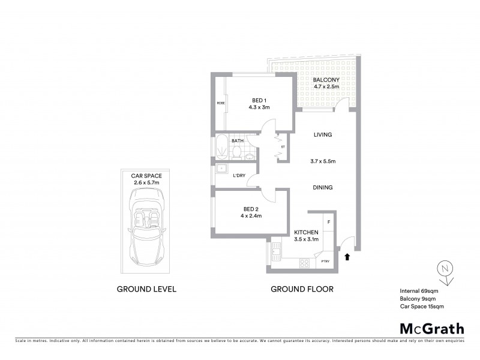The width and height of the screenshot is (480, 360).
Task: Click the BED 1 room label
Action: [259, 101]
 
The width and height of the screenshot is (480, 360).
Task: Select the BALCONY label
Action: [326, 80]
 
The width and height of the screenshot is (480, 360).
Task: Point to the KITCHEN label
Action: [306, 232]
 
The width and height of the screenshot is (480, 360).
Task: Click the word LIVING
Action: [323, 135]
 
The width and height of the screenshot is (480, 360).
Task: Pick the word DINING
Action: [323, 188]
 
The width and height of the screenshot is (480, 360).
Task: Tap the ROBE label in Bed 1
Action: [220, 103]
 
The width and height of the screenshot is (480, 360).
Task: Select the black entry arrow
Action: [347, 257]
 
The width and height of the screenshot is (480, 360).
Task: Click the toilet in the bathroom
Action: [238, 151]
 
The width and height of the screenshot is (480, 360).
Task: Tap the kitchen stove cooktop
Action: [304, 262]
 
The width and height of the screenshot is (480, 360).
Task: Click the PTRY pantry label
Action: [325, 261]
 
